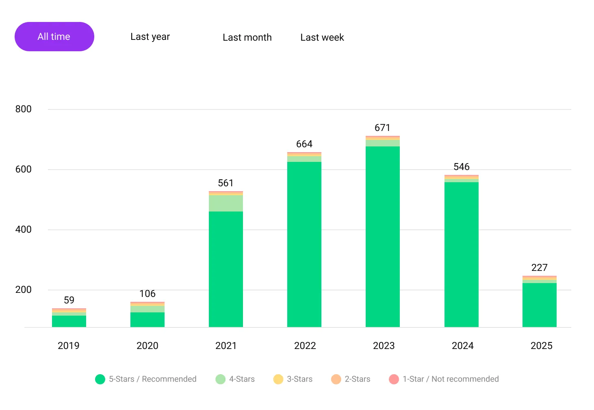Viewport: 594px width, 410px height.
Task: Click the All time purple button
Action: click(54, 37)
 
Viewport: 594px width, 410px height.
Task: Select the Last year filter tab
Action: click(150, 37)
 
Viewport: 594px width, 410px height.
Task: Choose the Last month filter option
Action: click(247, 37)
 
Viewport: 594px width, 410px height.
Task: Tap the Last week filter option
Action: click(322, 37)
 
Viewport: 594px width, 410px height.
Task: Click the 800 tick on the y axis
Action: click(23, 109)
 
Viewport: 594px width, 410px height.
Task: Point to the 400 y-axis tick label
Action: click(23, 229)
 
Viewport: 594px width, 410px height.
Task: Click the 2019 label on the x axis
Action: click(69, 346)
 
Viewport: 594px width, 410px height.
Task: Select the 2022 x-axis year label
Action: click(305, 346)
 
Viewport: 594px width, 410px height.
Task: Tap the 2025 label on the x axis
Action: click(541, 346)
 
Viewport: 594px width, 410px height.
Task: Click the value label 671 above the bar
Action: click(382, 128)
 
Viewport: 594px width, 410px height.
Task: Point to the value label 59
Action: click(69, 300)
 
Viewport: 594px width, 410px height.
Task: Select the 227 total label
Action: click(539, 268)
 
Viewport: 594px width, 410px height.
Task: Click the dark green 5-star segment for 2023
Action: click(383, 236)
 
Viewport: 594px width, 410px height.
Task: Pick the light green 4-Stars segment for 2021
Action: click(226, 203)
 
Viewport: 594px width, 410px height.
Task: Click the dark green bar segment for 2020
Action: click(147, 320)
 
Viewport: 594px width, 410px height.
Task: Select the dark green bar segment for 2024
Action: click(461, 254)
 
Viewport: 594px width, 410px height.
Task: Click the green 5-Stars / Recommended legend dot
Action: click(100, 379)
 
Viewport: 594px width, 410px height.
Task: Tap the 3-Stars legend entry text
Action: click(299, 379)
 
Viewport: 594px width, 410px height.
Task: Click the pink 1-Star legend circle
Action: click(394, 379)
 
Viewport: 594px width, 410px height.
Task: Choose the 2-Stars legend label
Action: click(358, 379)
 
